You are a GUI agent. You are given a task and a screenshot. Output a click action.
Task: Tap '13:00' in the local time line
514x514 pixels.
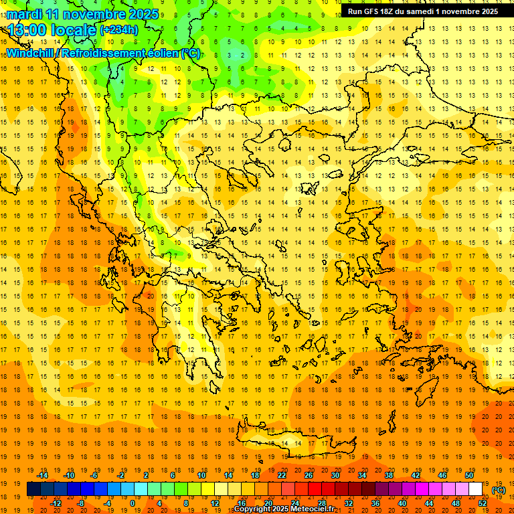click(27, 30)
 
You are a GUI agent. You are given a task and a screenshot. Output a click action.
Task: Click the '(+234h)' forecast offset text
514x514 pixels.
click(119, 30)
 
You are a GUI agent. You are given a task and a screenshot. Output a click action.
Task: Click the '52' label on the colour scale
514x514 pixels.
click(482, 503)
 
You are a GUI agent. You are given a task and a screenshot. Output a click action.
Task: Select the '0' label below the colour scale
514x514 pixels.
click(133, 503)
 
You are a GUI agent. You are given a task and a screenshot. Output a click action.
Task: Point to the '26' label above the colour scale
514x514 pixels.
click(309, 475)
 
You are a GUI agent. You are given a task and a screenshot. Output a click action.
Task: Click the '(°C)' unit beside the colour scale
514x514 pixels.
click(498, 490)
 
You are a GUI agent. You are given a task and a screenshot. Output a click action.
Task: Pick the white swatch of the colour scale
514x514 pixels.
click(475, 489)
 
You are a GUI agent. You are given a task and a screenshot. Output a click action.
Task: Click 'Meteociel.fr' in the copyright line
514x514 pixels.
click(313, 509)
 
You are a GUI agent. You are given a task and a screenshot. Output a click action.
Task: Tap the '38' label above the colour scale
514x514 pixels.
click(389, 475)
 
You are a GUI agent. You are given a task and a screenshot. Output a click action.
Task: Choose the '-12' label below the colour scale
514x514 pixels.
click(57, 503)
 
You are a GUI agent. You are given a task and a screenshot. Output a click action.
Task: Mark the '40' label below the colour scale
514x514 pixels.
click(402, 503)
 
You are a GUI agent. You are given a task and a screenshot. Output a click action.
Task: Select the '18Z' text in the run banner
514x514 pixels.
click(390, 11)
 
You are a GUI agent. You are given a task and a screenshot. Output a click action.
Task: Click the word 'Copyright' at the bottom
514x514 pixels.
click(254, 509)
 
